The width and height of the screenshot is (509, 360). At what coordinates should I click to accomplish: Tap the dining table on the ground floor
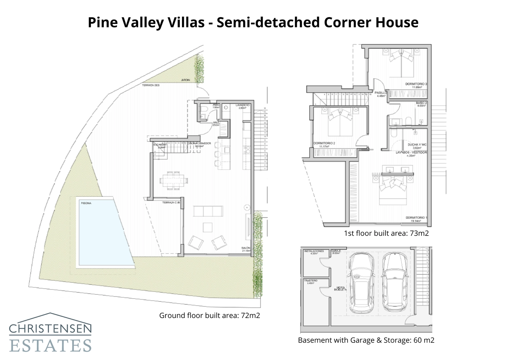coord(173,181)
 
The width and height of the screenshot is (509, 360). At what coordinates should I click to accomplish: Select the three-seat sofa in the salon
coord(208,211)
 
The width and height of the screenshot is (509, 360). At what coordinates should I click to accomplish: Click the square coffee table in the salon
coord(208,227)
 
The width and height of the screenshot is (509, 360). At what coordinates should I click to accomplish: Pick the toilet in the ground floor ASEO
coord(204,110)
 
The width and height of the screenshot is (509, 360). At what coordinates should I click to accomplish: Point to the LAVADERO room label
coord(242,105)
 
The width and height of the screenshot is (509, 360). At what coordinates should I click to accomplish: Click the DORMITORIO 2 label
coord(324,143)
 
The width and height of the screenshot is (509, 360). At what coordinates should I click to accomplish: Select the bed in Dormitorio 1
coord(393,190)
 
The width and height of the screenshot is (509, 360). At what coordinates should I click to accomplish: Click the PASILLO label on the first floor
coord(380,93)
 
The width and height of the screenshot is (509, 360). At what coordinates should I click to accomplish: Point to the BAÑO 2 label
coord(421,103)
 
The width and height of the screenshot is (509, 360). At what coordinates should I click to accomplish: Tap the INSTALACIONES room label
coord(314,251)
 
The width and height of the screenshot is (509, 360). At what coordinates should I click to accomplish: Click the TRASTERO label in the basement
coord(310,280)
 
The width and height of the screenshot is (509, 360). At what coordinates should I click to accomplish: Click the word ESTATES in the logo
coord(50,345)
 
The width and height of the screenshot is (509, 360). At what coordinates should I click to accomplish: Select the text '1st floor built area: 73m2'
coord(386,233)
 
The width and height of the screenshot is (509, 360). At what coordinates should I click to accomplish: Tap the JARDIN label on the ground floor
coord(185,80)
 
